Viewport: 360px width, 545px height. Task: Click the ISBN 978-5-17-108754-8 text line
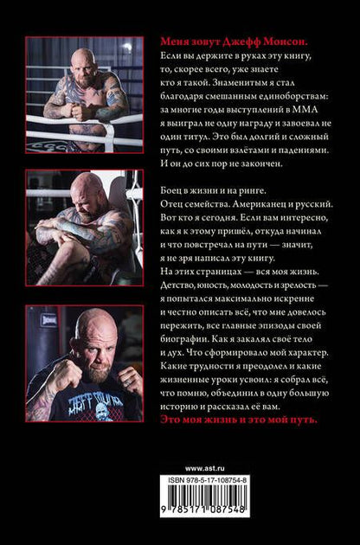click(x=208, y=480)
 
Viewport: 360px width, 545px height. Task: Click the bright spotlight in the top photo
click(x=128, y=47)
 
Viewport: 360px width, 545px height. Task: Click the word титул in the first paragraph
click(x=190, y=137)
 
